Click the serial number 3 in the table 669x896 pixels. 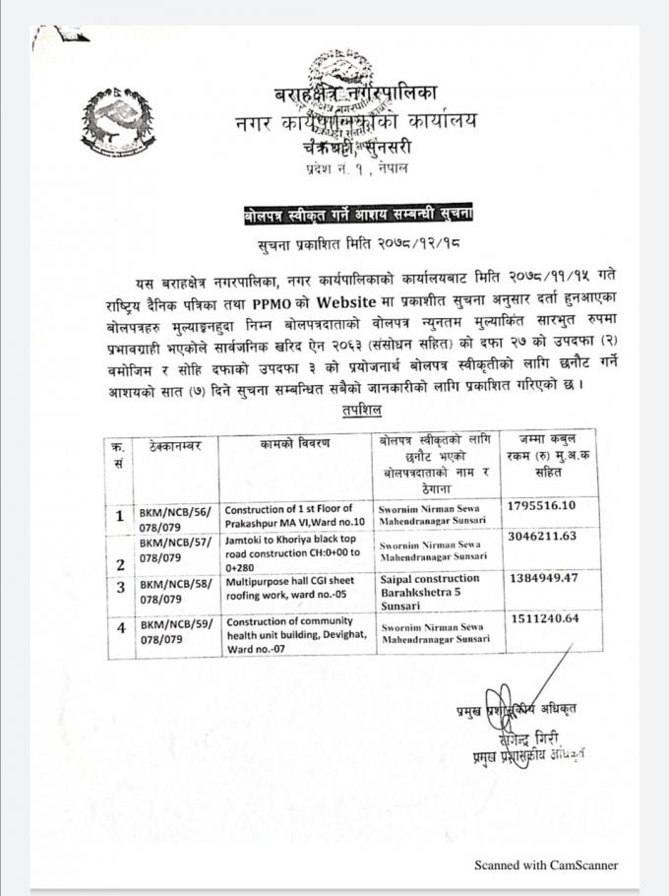tap(120, 589)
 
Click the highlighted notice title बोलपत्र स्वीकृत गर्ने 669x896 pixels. tap(360, 213)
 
